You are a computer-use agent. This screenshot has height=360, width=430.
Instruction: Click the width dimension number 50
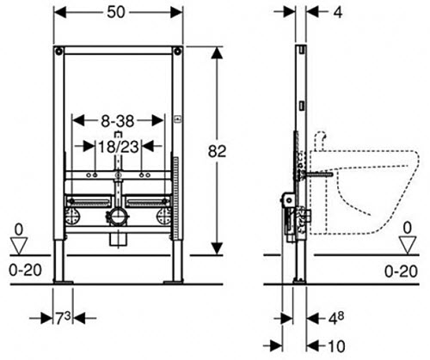116,12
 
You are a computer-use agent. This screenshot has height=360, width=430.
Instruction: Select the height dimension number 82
217,151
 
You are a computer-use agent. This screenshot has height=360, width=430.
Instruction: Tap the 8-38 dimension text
118,121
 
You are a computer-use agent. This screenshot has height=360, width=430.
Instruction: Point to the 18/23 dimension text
119,147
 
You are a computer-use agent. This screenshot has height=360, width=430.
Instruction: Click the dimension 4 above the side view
338,13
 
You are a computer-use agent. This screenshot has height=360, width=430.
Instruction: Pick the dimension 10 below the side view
336,346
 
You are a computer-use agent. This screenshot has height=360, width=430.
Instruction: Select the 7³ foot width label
63,318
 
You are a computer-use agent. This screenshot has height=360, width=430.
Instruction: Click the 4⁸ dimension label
335,318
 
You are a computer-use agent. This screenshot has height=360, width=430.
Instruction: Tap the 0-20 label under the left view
25,270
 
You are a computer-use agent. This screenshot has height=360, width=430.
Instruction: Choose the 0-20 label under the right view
401,272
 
